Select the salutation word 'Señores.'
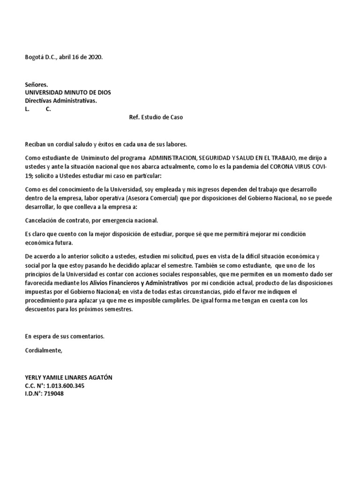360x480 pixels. click(x=36, y=85)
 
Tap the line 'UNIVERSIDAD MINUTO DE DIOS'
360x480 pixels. click(x=67, y=92)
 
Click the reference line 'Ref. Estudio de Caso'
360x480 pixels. click(x=156, y=117)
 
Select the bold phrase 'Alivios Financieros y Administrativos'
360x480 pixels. click(x=140, y=284)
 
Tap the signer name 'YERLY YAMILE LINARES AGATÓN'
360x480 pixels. click(x=68, y=378)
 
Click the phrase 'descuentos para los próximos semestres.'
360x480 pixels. click(x=79, y=309)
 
